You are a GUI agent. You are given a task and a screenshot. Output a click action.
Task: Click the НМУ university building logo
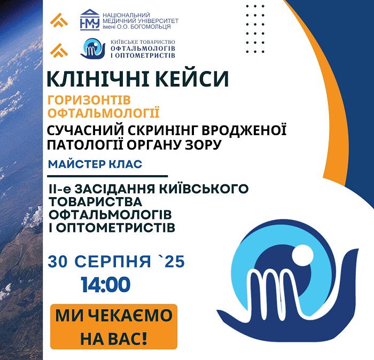89,20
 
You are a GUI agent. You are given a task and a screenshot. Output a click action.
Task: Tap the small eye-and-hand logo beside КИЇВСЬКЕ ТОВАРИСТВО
93,49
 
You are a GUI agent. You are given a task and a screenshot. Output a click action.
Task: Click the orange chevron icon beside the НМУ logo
59,20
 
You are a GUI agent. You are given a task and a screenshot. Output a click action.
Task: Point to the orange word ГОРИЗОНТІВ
89,100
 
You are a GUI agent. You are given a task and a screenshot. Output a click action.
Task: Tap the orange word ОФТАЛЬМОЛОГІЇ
104,113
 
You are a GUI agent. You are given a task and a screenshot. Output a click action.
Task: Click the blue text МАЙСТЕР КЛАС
95,164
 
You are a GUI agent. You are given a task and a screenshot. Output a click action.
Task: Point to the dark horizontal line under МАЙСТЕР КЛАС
107,176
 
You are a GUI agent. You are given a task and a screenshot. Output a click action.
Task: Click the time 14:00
106,285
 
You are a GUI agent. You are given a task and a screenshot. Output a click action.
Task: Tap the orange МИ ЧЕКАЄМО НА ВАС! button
114,326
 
